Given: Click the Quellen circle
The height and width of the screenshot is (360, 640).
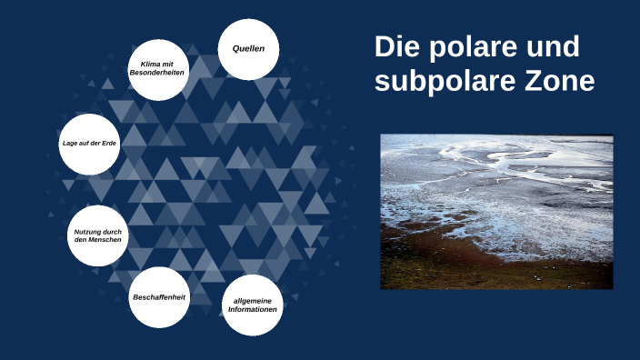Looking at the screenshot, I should click(x=248, y=48).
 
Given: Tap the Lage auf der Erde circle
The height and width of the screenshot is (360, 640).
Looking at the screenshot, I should click(x=89, y=145).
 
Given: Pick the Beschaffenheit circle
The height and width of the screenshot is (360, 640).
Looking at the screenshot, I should click(x=159, y=297).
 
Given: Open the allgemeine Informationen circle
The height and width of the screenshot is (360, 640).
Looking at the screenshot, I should click(x=253, y=305).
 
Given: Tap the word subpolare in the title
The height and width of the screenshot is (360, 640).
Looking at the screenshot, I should click(x=433, y=82).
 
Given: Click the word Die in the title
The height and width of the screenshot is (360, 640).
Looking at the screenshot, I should click(x=395, y=47).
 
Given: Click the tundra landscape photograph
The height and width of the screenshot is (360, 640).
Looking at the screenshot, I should click(x=496, y=212).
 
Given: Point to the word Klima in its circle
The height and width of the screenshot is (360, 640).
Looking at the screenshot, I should click(x=149, y=63).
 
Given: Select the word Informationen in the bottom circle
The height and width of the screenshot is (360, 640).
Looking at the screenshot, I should click(x=253, y=310).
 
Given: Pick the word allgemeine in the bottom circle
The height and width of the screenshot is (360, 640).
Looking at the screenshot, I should click(x=253, y=300).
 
